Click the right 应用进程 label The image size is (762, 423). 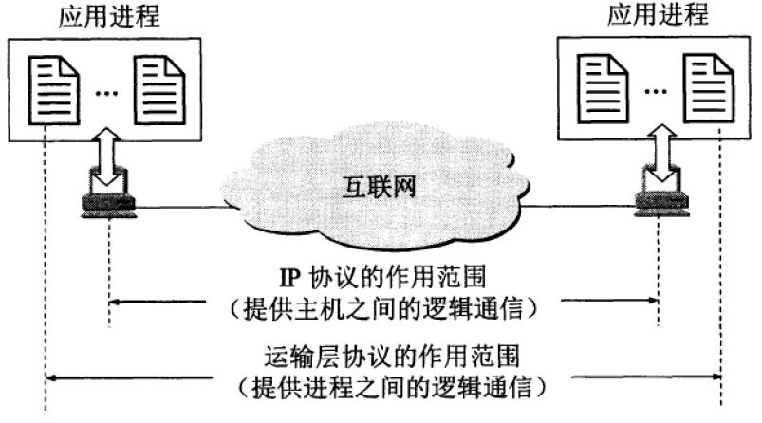(652, 16)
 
